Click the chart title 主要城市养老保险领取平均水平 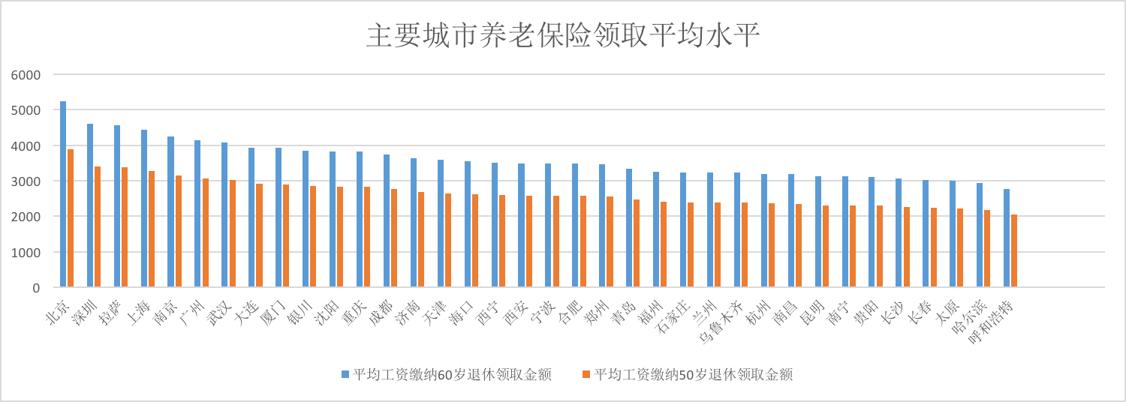point(563,35)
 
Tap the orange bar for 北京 point(71,217)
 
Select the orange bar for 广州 point(205,232)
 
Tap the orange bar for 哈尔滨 point(987,248)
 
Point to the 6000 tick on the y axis point(26,75)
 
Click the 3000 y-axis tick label point(26,181)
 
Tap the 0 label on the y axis point(35,288)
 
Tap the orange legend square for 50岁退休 point(586,374)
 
